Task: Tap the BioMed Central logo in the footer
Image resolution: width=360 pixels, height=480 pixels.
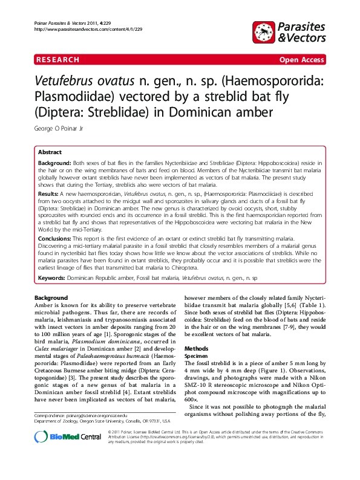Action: click(x=59, y=455)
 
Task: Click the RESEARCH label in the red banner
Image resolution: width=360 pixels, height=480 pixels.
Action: click(x=57, y=60)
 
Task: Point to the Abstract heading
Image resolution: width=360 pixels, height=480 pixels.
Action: click(x=50, y=153)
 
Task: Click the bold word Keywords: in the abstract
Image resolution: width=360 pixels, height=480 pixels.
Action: click(x=51, y=278)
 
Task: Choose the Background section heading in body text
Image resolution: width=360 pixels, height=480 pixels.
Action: click(x=51, y=299)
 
